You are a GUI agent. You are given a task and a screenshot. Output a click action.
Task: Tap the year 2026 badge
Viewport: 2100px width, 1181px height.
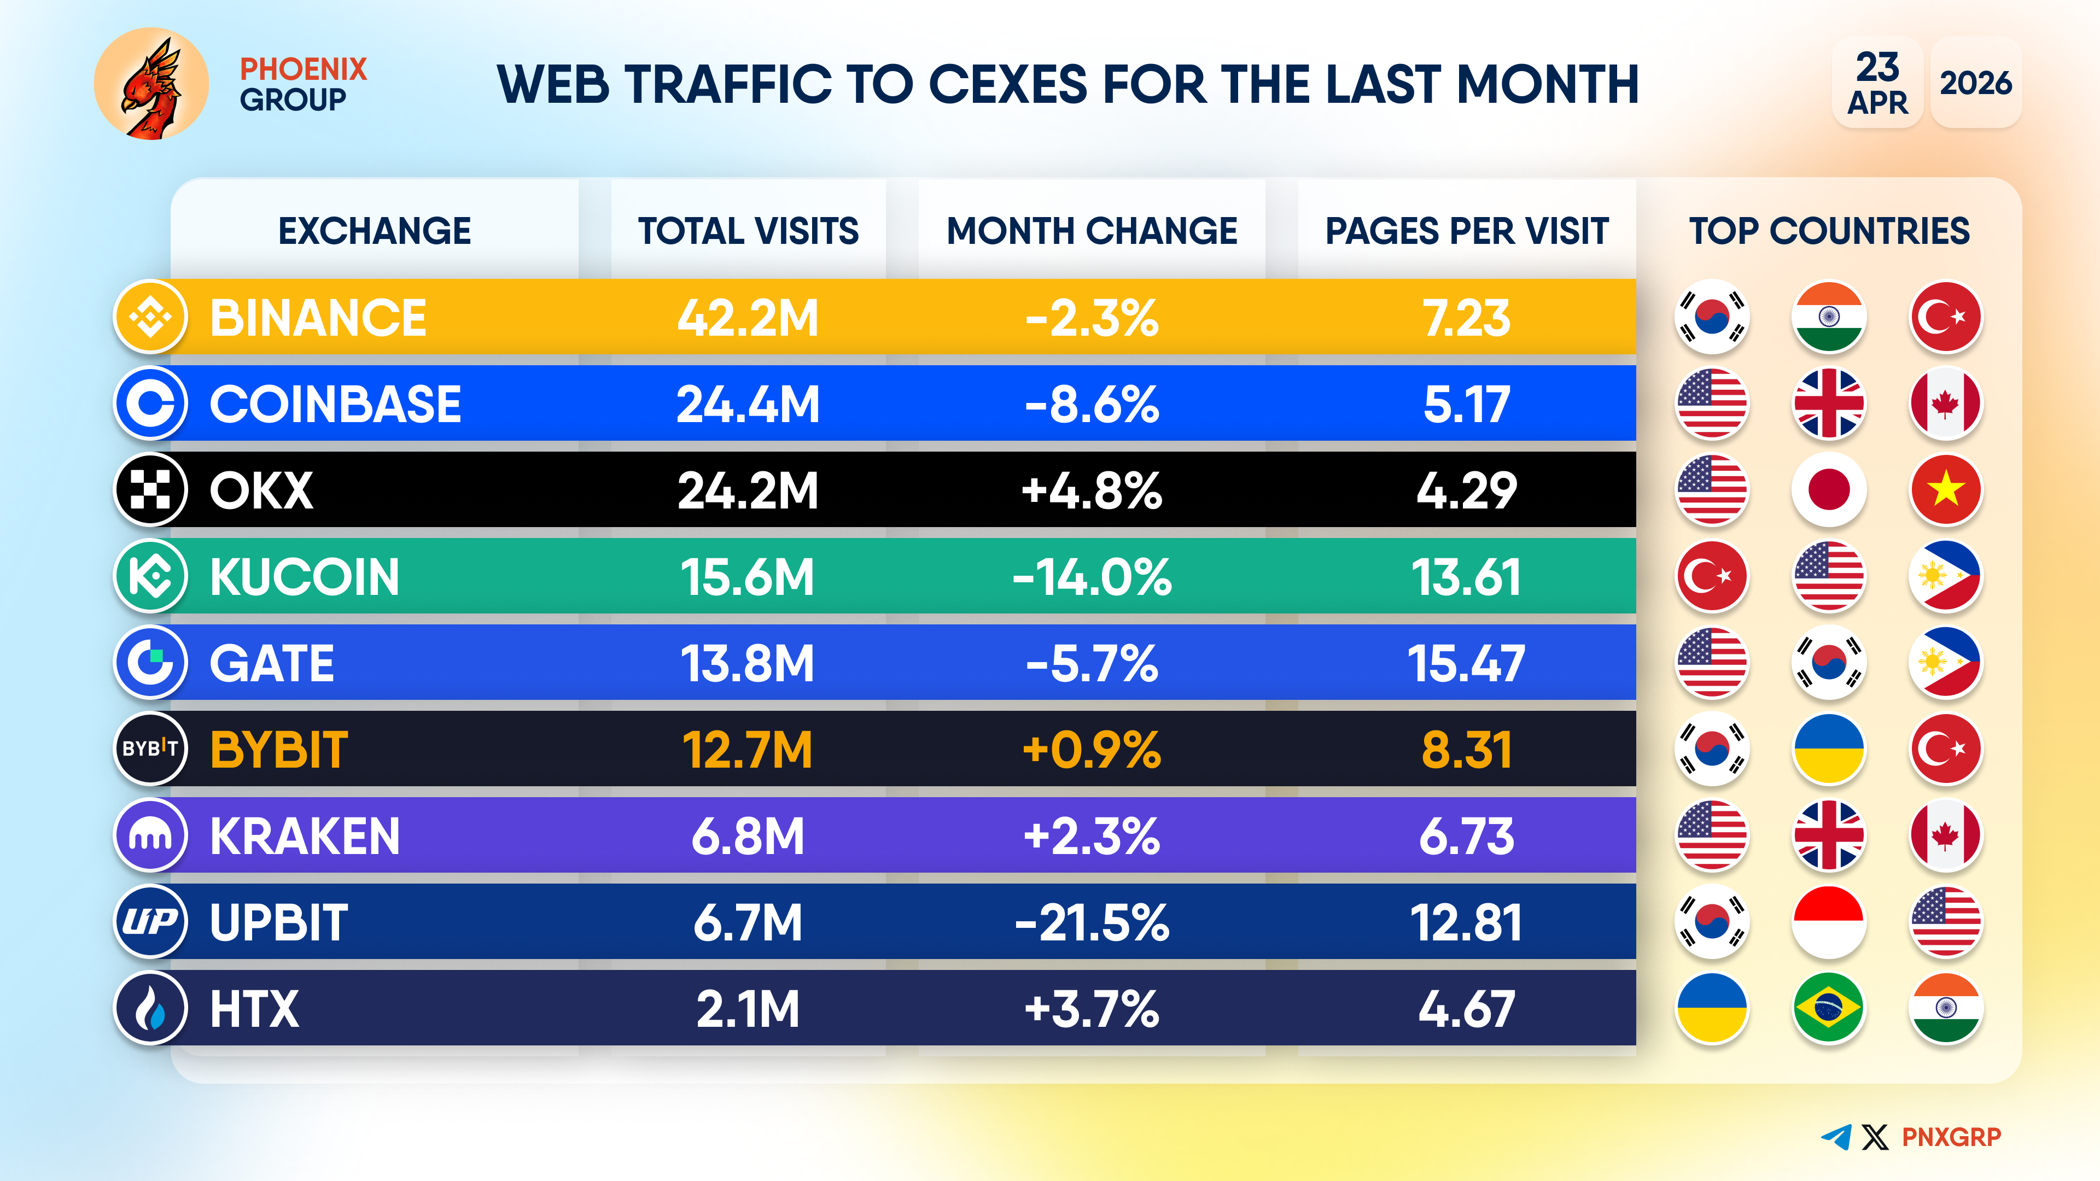(1975, 83)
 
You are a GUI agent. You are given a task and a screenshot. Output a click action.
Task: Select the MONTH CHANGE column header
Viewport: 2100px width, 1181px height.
(1092, 231)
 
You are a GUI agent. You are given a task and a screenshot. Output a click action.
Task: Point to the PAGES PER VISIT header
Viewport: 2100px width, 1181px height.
(1467, 231)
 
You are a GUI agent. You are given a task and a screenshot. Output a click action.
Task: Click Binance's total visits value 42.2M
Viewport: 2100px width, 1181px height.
(748, 318)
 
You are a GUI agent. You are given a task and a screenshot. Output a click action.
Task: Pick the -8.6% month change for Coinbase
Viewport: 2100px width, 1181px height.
(1092, 404)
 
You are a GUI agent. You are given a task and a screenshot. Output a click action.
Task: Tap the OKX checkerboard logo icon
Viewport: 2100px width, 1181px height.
(151, 490)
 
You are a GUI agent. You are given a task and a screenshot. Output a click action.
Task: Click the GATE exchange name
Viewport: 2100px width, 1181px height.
(271, 663)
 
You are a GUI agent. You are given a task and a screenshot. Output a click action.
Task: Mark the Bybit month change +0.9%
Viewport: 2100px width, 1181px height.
(1092, 750)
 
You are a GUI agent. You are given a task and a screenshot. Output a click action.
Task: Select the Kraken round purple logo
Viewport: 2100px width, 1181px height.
(151, 836)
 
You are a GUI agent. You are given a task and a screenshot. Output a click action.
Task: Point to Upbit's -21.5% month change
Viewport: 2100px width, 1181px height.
(1092, 922)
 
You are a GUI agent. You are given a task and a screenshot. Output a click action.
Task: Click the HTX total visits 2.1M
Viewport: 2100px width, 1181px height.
(748, 1009)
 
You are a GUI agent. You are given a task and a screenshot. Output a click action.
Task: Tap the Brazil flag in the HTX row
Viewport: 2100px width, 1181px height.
(1829, 1009)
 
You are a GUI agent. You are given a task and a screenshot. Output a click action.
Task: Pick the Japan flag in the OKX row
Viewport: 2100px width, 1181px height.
(1829, 490)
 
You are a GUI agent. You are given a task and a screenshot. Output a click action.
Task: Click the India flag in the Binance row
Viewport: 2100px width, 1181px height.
(1829, 318)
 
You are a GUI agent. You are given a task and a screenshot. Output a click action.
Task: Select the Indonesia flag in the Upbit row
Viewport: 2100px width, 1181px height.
(1829, 922)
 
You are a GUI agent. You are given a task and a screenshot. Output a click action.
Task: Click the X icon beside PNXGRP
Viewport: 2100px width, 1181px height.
(1875, 1137)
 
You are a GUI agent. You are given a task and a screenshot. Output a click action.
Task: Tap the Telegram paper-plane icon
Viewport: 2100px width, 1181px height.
(1836, 1137)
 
